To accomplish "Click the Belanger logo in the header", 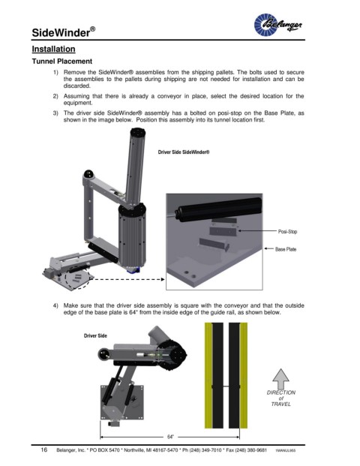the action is click(278, 24).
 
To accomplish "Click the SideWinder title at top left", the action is click(64, 32).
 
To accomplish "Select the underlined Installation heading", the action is click(53, 49).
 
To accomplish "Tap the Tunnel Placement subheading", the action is click(62, 62).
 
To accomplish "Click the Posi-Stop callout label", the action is click(287, 232).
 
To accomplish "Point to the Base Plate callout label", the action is click(286, 249).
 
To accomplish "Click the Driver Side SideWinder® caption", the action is click(184, 152).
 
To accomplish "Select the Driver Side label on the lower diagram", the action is click(95, 336).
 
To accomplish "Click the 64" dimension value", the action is click(170, 437).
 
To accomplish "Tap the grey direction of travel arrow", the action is click(280, 379).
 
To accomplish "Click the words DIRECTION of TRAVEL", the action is click(281, 398).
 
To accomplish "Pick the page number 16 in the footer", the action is click(44, 449).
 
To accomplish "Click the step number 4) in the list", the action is click(55, 306).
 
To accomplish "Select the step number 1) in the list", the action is click(55, 73).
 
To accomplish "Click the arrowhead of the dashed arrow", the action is click(163, 279).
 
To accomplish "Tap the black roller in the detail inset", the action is click(218, 208).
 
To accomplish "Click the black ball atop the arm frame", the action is click(88, 173).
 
